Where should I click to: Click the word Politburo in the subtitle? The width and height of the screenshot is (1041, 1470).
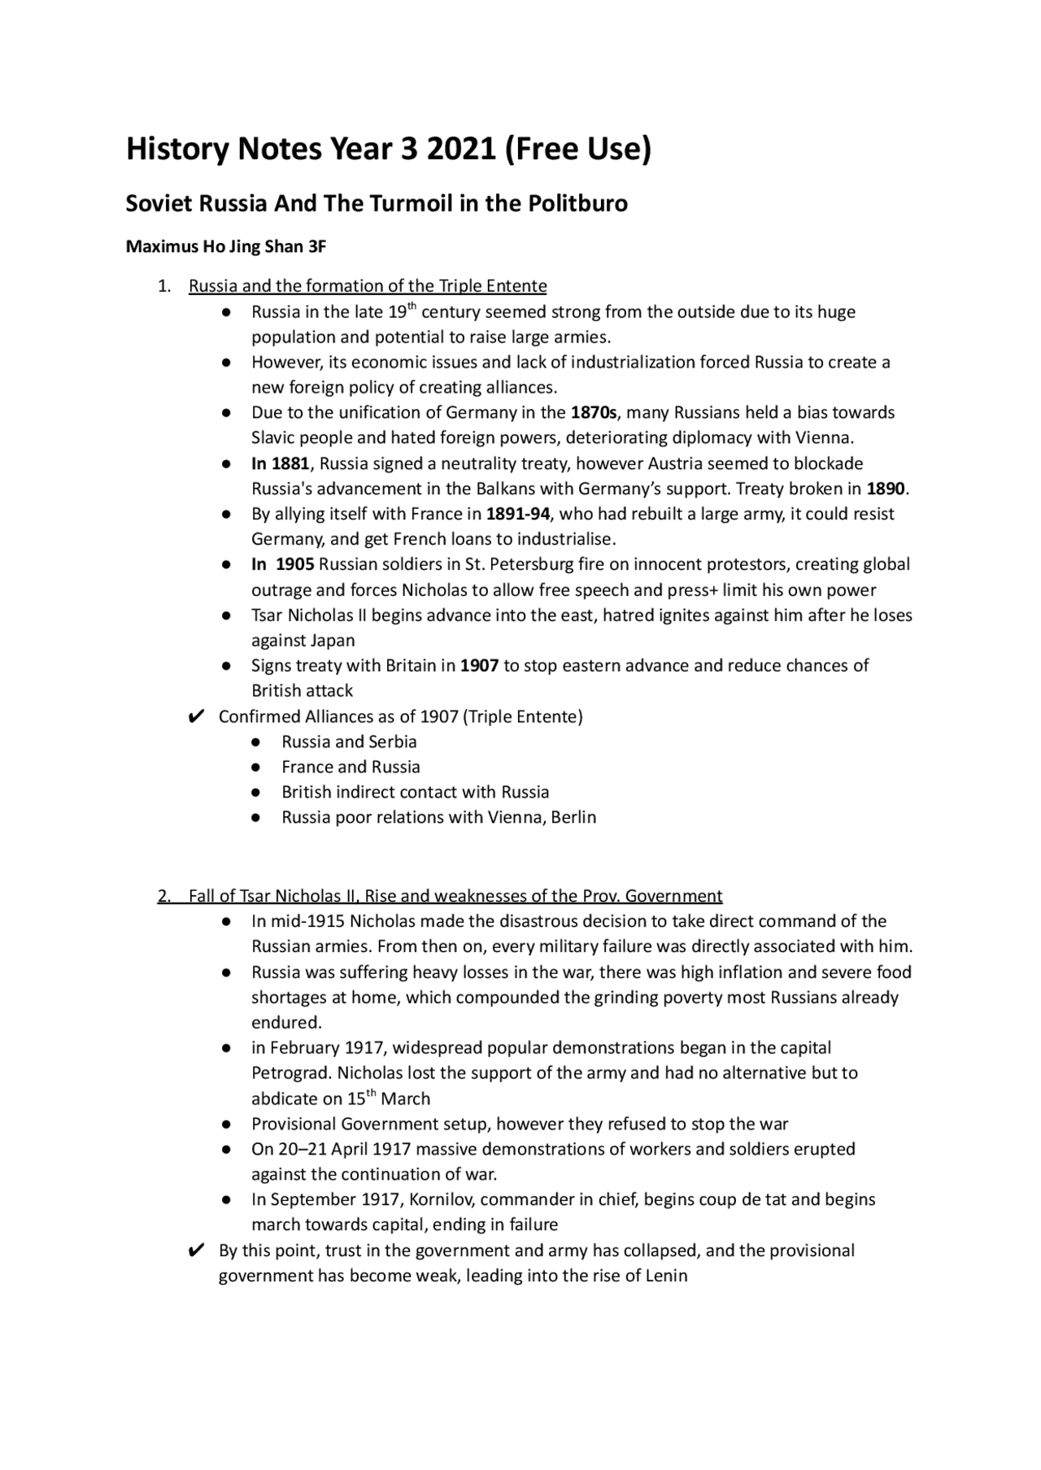tap(577, 203)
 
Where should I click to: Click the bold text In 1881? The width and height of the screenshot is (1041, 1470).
tap(280, 463)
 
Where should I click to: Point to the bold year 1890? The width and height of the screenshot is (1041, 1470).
tap(885, 489)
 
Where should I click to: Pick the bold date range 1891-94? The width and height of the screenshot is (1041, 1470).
tap(518, 514)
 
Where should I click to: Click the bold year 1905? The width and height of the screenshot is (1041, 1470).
tap(294, 564)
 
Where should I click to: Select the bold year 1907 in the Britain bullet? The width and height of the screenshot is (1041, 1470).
tap(479, 665)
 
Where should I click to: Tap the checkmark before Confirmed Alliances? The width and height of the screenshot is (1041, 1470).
tap(195, 717)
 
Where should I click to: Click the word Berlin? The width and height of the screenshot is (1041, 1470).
tap(573, 817)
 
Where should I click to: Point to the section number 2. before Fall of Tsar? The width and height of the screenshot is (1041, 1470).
tap(164, 896)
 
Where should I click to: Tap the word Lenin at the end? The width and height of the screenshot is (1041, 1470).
tap(666, 1275)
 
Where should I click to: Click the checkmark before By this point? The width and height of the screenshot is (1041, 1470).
tap(195, 1250)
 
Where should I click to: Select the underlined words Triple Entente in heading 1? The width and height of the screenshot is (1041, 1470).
tap(492, 286)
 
